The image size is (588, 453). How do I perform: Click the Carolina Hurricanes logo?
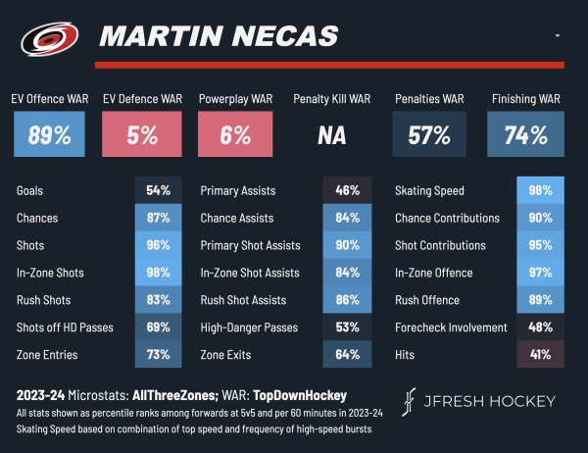(x=47, y=38)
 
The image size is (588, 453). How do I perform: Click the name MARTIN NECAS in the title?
(x=219, y=37)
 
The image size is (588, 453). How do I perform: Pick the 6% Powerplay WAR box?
(x=235, y=135)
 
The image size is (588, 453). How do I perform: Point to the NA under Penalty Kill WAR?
(x=332, y=135)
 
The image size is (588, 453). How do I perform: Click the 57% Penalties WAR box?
(x=428, y=135)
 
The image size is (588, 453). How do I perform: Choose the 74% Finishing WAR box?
(x=525, y=135)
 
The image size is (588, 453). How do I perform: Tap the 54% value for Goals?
(x=159, y=190)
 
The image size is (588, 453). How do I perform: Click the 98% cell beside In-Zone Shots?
(x=159, y=273)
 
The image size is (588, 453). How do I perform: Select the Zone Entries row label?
(x=46, y=355)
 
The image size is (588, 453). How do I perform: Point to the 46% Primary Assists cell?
(x=347, y=190)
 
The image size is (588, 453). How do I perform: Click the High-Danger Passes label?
(x=248, y=327)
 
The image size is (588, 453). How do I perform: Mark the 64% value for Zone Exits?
(x=347, y=355)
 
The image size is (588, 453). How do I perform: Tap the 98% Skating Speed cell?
(x=540, y=190)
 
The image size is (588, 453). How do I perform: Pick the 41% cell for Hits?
(x=540, y=355)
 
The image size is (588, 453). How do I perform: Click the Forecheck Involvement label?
(x=451, y=327)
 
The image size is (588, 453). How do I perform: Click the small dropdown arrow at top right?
(x=557, y=35)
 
